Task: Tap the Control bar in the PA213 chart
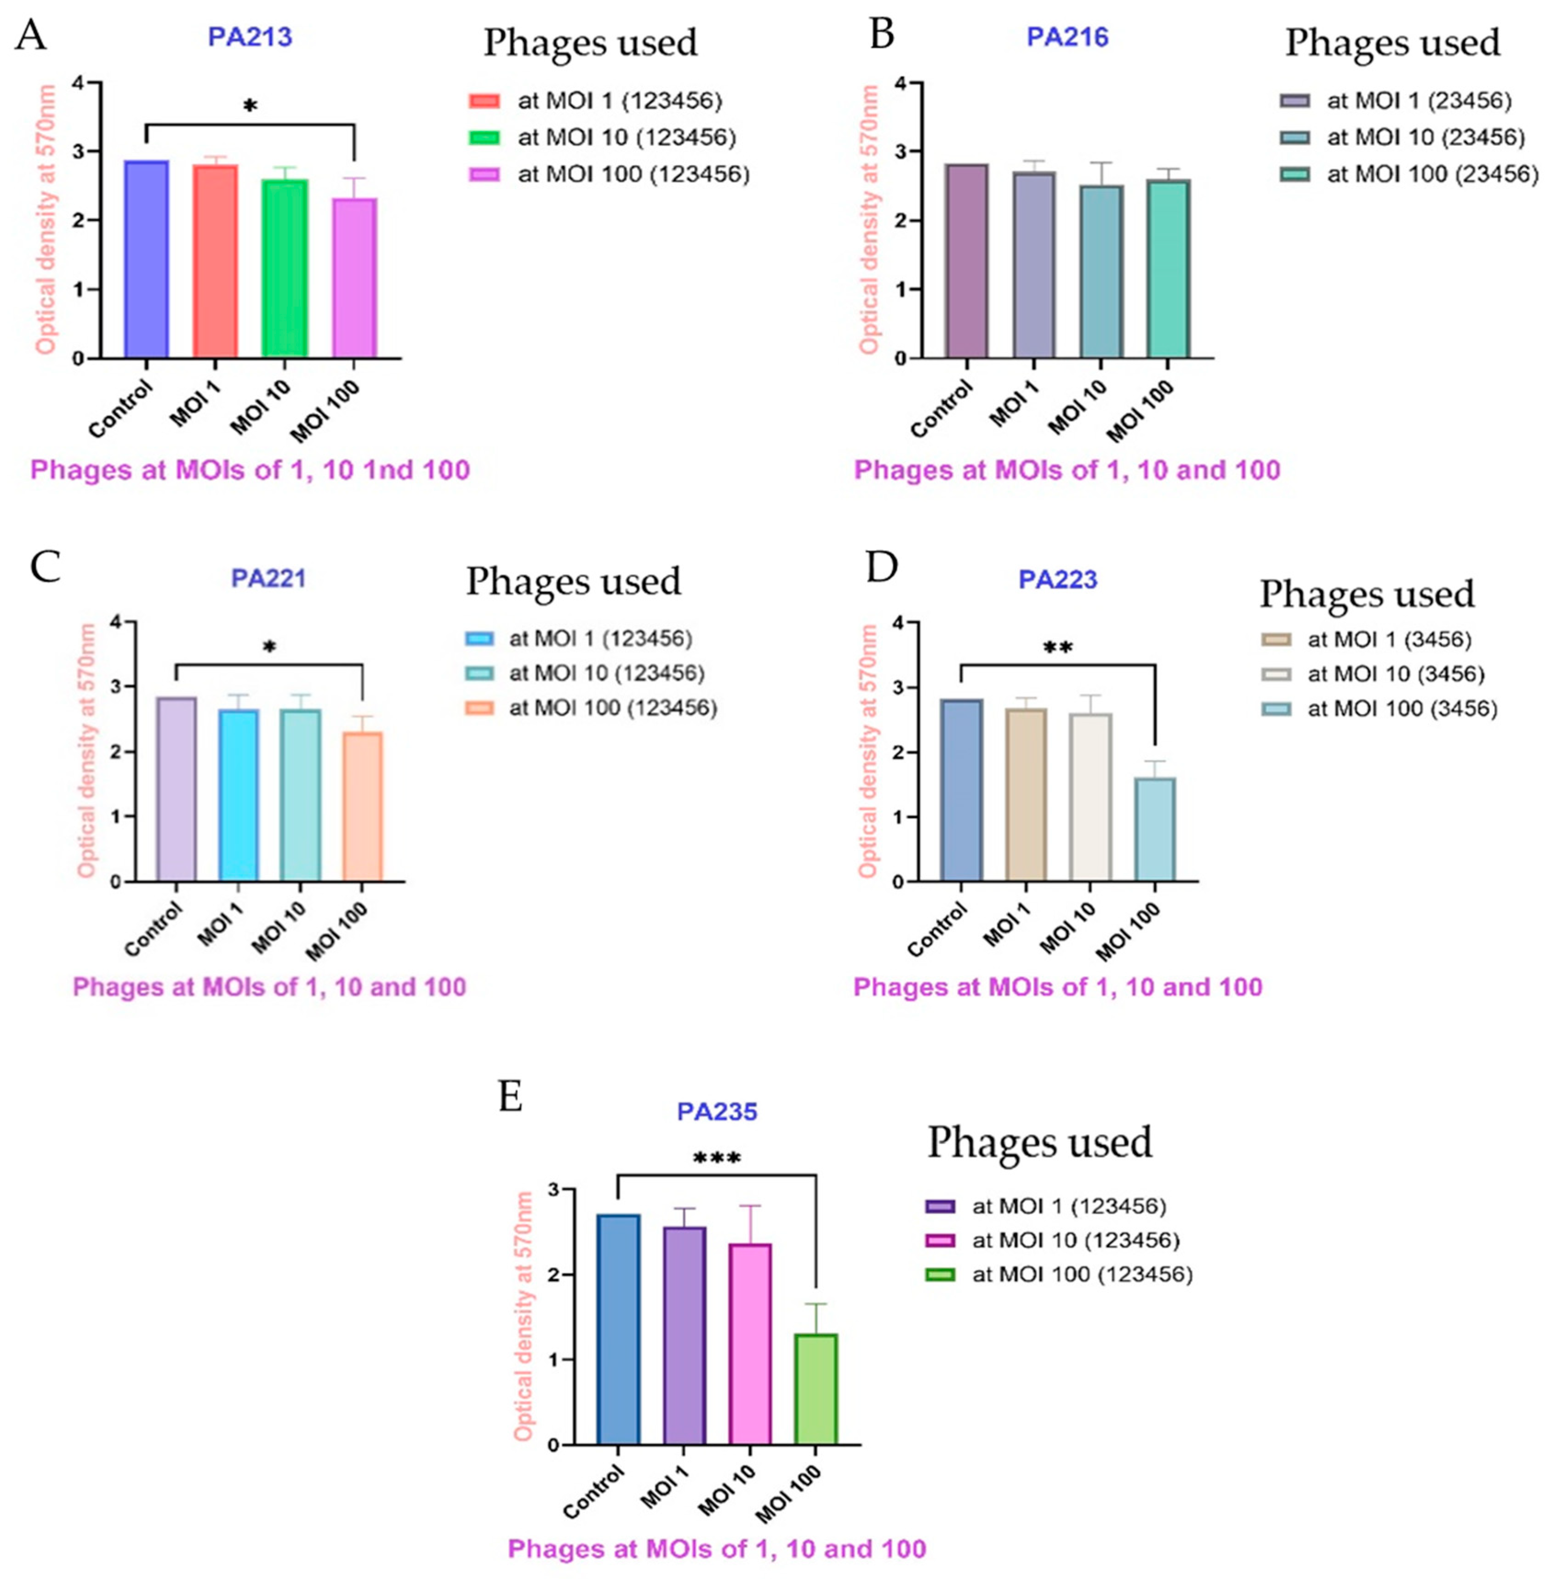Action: (147, 259)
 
